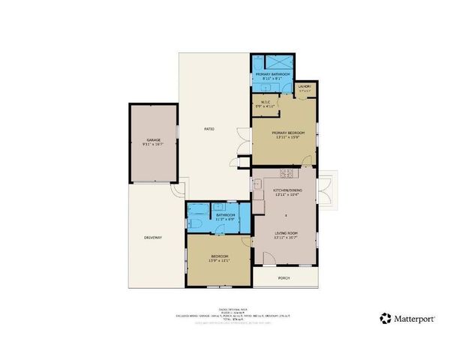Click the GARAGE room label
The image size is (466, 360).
click(x=154, y=140)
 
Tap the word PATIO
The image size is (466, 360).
click(x=210, y=130)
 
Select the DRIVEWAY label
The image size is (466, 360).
click(x=154, y=238)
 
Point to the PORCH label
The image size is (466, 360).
click(x=284, y=278)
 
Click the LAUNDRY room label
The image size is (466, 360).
click(x=305, y=87)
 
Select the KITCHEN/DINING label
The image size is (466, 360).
click(x=287, y=191)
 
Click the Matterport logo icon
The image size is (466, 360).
click(x=385, y=319)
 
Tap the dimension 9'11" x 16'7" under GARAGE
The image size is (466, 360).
click(x=154, y=145)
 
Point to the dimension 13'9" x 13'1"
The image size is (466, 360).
click(x=219, y=262)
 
